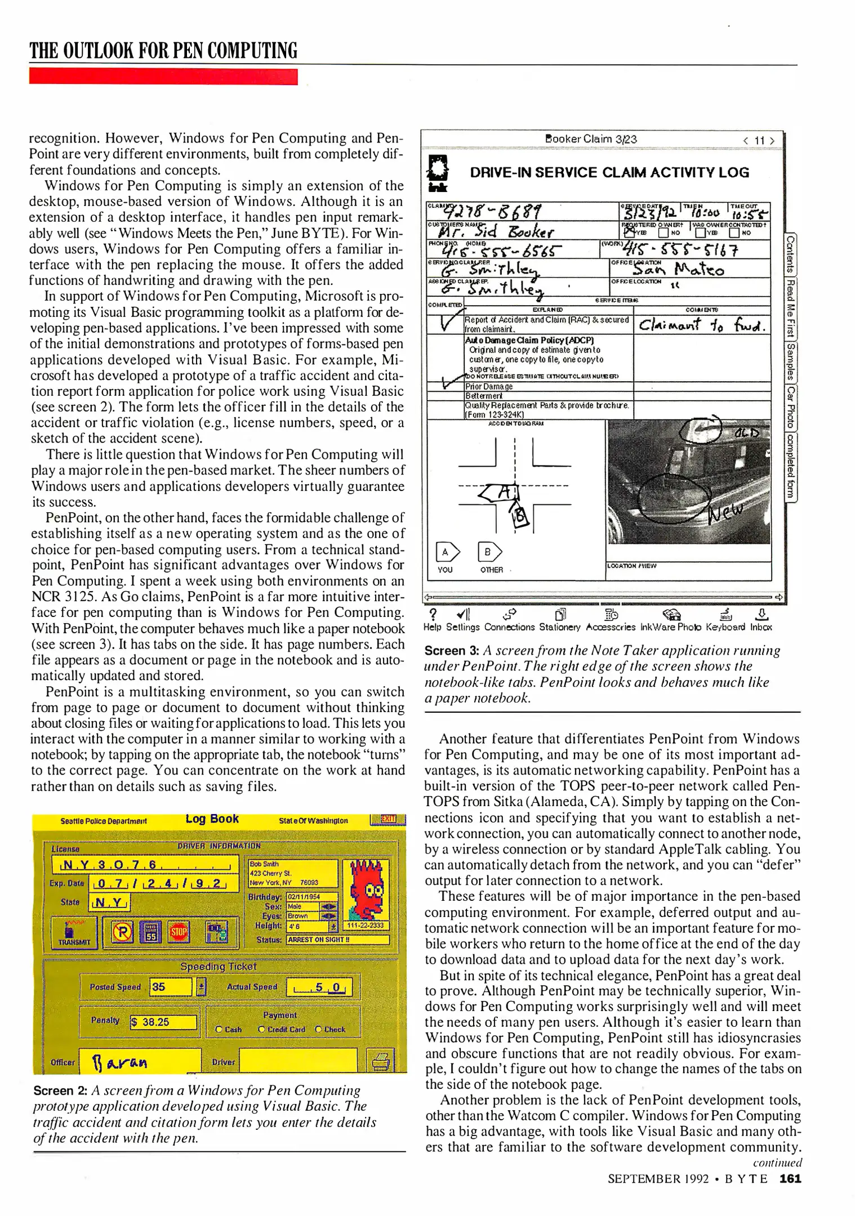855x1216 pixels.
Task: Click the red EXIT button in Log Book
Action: coord(388,819)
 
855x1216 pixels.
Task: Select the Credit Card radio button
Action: coord(262,1029)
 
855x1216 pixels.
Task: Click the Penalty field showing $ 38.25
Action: coord(164,1022)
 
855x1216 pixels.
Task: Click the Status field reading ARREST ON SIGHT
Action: coord(337,940)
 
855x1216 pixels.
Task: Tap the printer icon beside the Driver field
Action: coord(380,1061)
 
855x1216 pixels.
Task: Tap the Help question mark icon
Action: coord(433,615)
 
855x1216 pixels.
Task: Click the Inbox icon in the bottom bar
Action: coord(761,615)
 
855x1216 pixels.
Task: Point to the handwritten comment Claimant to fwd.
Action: coord(701,325)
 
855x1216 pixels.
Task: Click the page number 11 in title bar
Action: coord(759,140)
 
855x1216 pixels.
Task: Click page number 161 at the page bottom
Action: coord(790,1178)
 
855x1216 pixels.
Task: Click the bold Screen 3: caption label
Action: coord(451,651)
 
